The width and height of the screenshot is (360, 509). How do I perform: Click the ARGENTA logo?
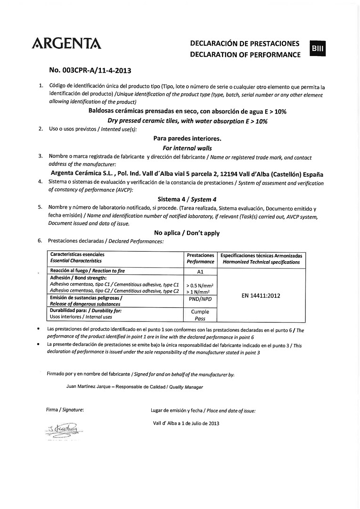click(x=66, y=43)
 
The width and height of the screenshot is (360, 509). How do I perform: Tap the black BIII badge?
click(x=318, y=49)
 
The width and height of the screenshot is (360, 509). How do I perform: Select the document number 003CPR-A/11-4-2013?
click(x=90, y=71)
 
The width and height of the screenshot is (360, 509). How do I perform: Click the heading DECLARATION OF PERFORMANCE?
click(x=245, y=55)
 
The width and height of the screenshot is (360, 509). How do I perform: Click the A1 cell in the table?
click(x=200, y=272)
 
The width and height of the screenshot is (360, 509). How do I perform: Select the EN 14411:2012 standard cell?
click(x=261, y=296)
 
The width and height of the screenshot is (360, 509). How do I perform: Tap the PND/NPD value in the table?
click(x=200, y=299)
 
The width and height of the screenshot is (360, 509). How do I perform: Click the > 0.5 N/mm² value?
click(x=200, y=286)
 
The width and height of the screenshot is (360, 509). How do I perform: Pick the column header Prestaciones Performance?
click(x=200, y=258)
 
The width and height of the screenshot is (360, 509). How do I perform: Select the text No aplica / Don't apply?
click(x=187, y=233)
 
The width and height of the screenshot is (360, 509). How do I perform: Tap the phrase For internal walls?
click(x=187, y=148)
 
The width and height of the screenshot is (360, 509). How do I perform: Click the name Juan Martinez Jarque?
click(x=89, y=387)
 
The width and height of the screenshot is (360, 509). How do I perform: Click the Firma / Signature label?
click(x=65, y=410)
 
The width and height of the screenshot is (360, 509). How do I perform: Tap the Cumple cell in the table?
click(x=200, y=312)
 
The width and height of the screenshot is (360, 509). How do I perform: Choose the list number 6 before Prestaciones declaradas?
click(x=40, y=241)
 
